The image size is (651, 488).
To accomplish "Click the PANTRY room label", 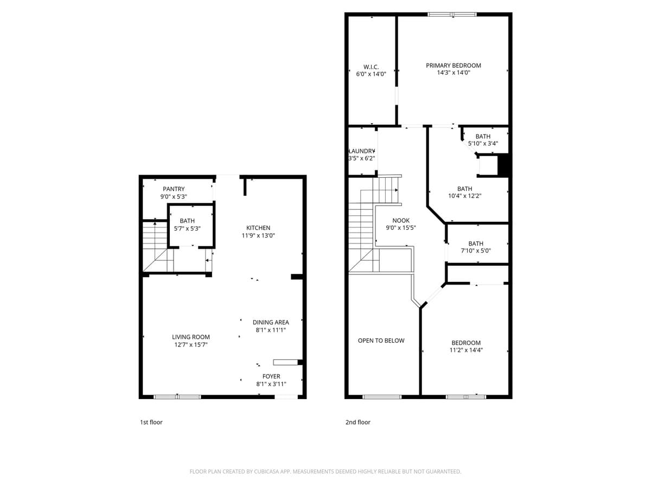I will click(x=174, y=189).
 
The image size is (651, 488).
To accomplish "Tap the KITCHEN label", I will click(x=258, y=228).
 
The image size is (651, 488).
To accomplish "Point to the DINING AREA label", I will click(x=271, y=322).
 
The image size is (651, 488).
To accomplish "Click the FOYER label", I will click(x=271, y=376).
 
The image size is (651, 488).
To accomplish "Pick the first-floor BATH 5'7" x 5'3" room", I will click(x=187, y=225).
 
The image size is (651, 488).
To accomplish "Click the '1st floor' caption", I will click(x=151, y=422).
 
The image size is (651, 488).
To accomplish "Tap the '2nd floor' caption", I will click(x=358, y=422).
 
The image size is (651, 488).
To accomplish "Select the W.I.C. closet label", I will click(x=371, y=67).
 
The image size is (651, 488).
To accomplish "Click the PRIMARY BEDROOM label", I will click(x=454, y=66).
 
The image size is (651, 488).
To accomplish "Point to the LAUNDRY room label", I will click(x=362, y=151).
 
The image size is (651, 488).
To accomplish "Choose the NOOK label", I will click(x=401, y=221).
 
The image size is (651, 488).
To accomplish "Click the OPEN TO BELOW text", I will click(x=381, y=341).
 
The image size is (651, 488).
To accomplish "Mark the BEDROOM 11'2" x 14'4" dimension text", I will click(x=466, y=350).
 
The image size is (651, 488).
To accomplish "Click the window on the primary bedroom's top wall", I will click(x=452, y=15).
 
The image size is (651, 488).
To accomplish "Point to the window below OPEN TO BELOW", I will click(x=382, y=397).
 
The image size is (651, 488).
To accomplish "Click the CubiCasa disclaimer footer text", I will click(x=325, y=472).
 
